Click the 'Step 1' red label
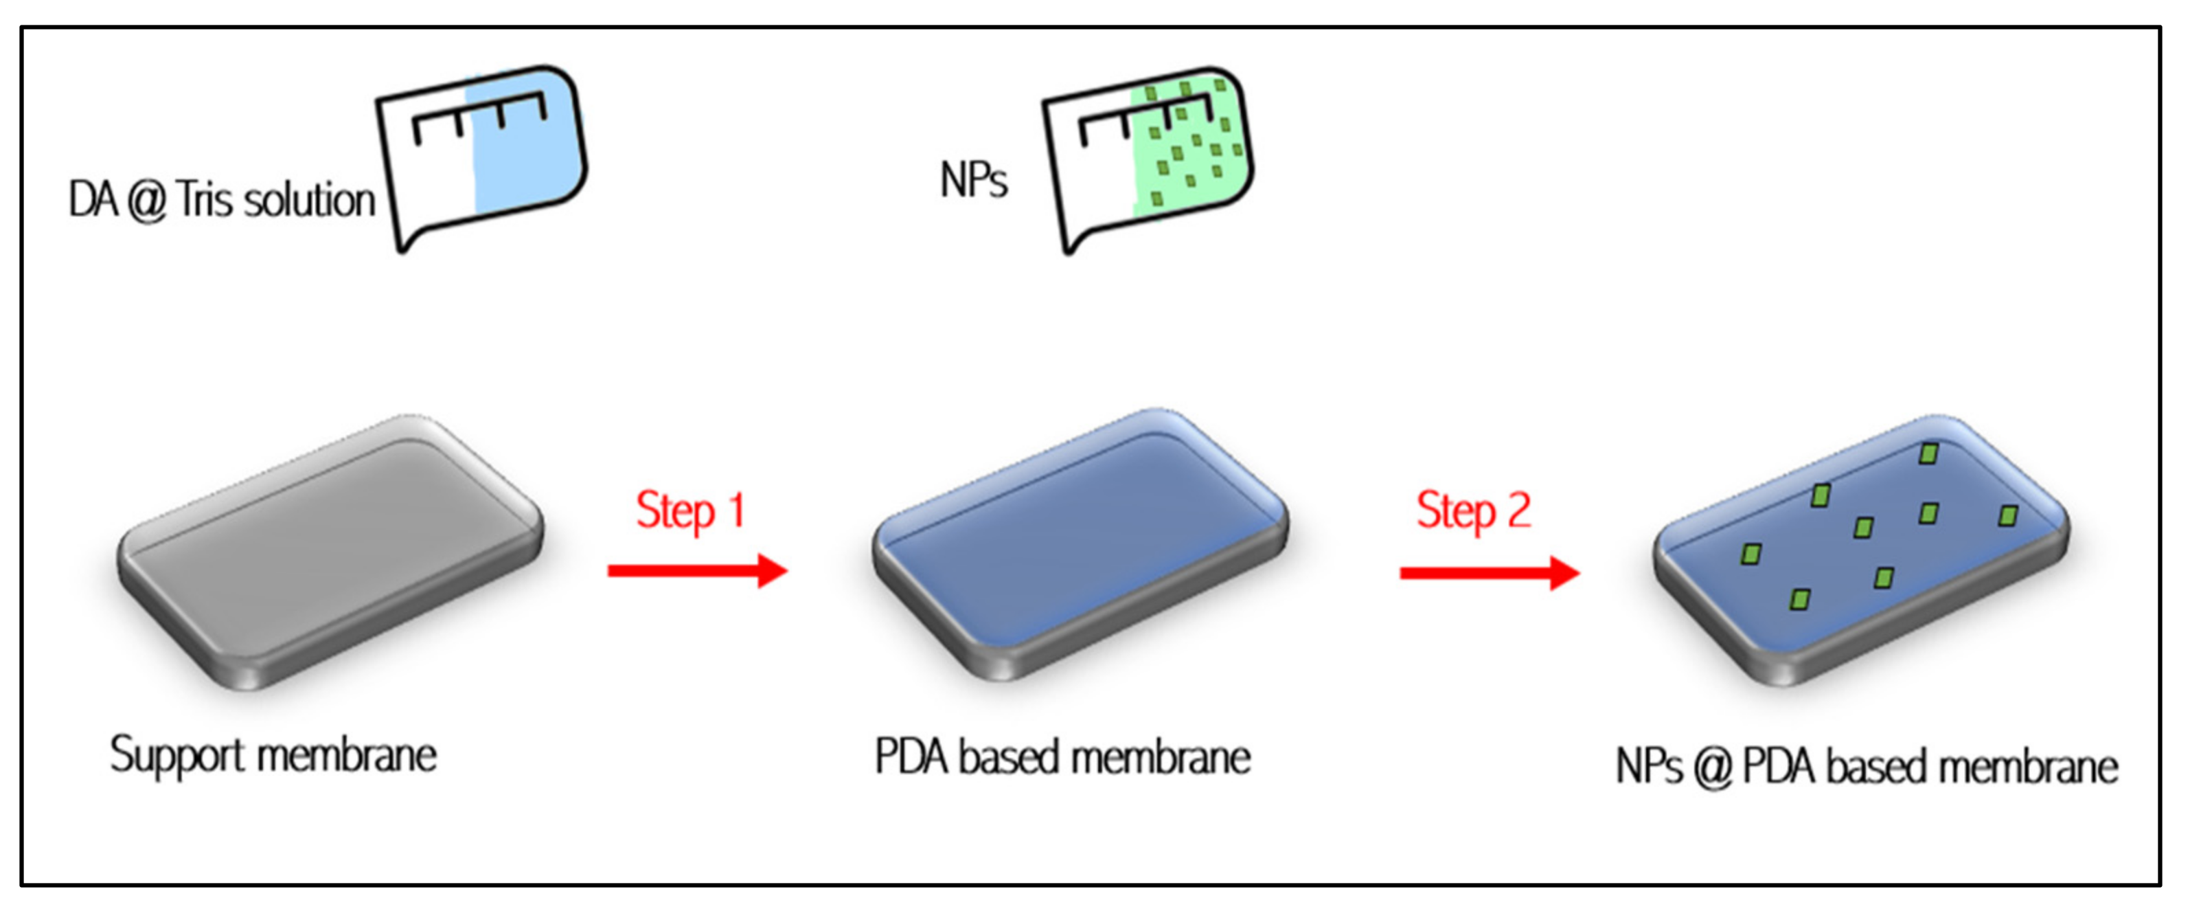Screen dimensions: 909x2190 [689, 511]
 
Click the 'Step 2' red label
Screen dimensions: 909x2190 [1472, 511]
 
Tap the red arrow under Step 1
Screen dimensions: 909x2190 [697, 570]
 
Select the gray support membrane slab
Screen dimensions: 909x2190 [330, 551]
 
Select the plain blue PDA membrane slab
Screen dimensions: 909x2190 [1080, 544]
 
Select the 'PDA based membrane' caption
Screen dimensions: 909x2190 [1062, 756]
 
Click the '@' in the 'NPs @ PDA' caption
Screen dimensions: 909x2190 [1711, 768]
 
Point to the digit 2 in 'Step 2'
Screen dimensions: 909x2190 [1518, 510]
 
